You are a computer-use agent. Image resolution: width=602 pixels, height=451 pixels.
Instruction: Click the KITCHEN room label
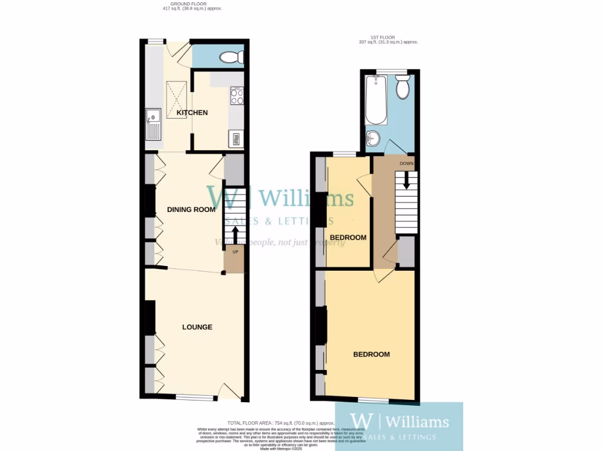(x=192, y=112)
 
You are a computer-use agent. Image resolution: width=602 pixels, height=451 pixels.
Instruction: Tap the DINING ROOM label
(x=191, y=209)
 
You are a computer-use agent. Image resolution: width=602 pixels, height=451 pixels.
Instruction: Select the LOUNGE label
(x=197, y=327)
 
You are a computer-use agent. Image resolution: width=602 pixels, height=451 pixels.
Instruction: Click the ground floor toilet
(x=230, y=57)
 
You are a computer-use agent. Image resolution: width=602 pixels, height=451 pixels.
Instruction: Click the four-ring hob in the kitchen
(x=237, y=96)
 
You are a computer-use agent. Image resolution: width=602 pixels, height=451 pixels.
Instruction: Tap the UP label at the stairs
(x=235, y=252)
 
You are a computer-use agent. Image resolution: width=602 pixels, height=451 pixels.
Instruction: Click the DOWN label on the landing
(x=406, y=163)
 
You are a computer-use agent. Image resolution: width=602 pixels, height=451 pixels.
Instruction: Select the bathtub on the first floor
(x=376, y=99)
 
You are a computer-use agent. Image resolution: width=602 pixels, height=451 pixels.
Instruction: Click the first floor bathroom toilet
(x=403, y=87)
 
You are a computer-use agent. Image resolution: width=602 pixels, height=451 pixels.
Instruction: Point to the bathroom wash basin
(x=372, y=139)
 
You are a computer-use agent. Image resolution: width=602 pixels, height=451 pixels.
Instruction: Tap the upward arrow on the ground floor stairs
(x=235, y=234)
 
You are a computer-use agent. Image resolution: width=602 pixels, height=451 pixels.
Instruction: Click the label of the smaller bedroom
(x=348, y=238)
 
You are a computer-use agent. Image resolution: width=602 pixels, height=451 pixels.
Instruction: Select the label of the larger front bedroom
(x=371, y=354)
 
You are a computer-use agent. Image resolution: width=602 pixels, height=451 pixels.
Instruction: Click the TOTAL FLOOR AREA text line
(x=281, y=423)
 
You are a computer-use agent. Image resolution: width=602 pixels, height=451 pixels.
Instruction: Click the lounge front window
(x=195, y=398)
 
